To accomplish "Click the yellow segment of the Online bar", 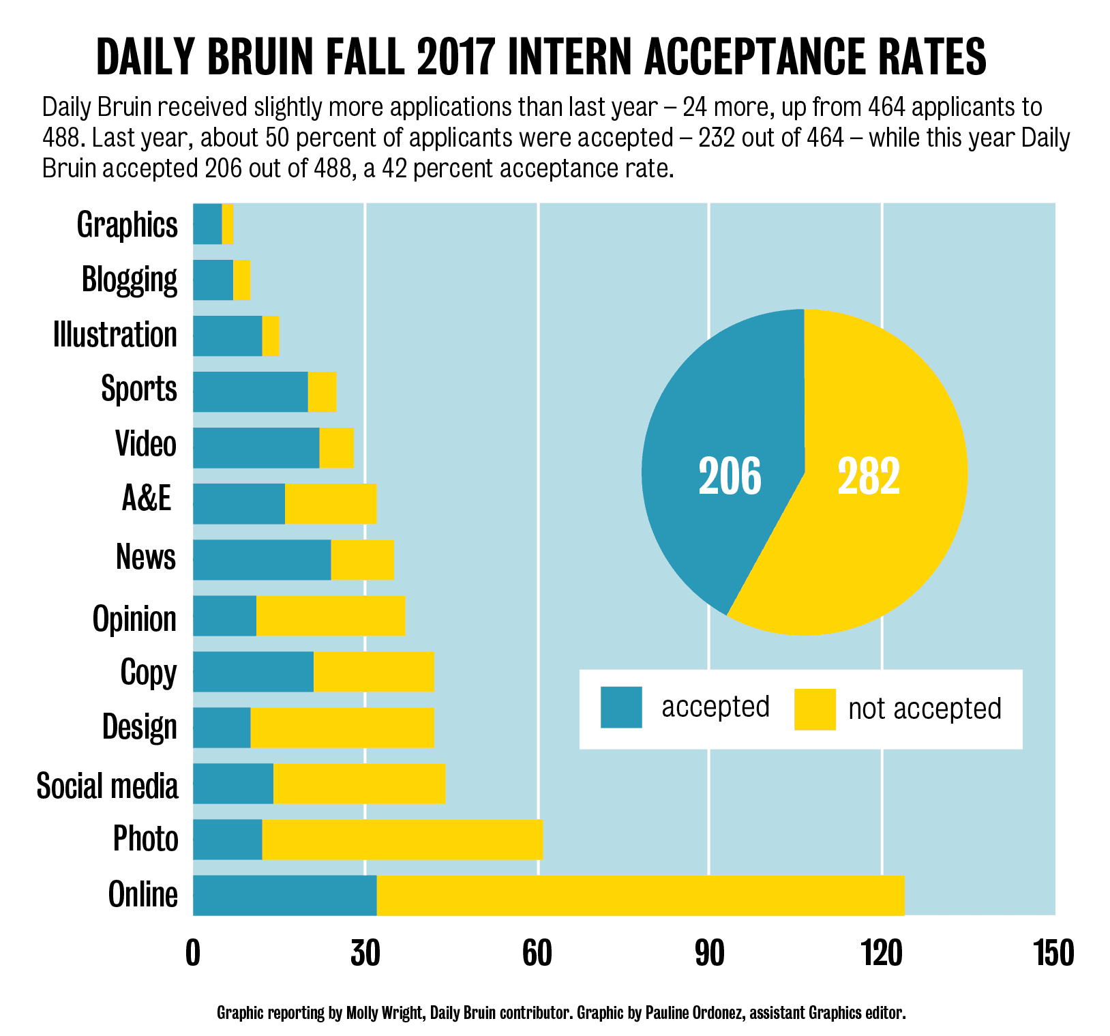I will click(640, 895).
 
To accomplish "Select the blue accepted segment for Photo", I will click(228, 839).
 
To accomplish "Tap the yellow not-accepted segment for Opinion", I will click(331, 615).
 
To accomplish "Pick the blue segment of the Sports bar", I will click(250, 391).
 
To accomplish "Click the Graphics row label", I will click(127, 224).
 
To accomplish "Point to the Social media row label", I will click(108, 786).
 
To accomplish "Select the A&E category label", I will click(146, 499).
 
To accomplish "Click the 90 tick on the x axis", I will click(709, 953).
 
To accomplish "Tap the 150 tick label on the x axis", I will click(1053, 953).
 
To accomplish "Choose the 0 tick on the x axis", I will click(193, 953).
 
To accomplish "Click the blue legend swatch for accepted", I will click(621, 707).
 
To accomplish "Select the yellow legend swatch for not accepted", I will click(815, 709).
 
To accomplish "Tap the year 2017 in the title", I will click(454, 57).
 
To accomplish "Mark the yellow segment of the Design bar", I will click(342, 727).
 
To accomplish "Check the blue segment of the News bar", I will click(262, 559).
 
